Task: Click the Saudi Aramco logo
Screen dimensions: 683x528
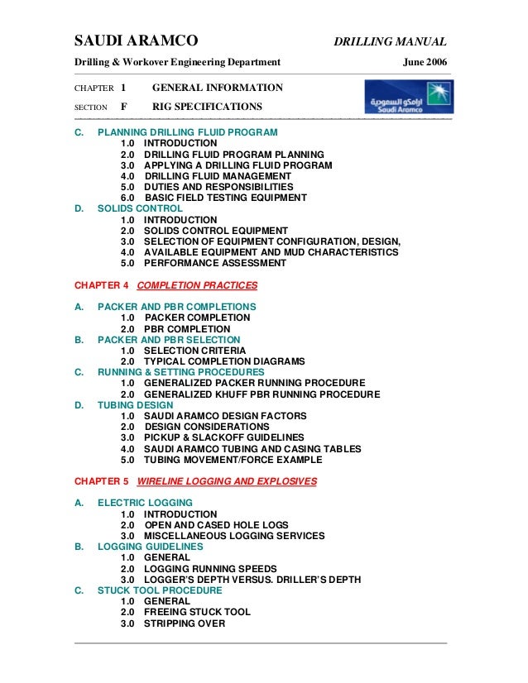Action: coord(406,98)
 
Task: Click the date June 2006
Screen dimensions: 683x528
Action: coord(425,62)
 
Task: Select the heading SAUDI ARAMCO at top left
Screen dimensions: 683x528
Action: coord(136,41)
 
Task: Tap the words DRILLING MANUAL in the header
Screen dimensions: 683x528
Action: coord(390,42)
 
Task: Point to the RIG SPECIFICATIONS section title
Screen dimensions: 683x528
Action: coord(207,107)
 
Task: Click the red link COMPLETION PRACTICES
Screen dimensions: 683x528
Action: coord(197,285)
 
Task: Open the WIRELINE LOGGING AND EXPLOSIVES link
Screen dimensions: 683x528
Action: coord(226,480)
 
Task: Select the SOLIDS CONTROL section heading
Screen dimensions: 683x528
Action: coord(140,208)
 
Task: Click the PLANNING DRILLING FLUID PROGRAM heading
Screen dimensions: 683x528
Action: coord(187,132)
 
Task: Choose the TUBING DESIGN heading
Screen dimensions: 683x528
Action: coord(135,405)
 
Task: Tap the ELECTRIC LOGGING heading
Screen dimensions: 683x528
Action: coord(145,502)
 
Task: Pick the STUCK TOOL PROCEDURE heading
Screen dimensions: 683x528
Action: coord(160,590)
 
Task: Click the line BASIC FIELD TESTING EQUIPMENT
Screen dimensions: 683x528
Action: coord(225,198)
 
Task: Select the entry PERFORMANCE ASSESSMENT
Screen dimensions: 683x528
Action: coord(215,263)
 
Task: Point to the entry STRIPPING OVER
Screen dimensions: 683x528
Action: coord(185,623)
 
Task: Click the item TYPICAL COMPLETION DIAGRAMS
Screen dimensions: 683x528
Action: coord(224,361)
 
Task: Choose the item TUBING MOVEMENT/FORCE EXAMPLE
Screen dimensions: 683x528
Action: coord(233,460)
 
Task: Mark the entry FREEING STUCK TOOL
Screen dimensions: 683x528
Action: coord(197,613)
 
